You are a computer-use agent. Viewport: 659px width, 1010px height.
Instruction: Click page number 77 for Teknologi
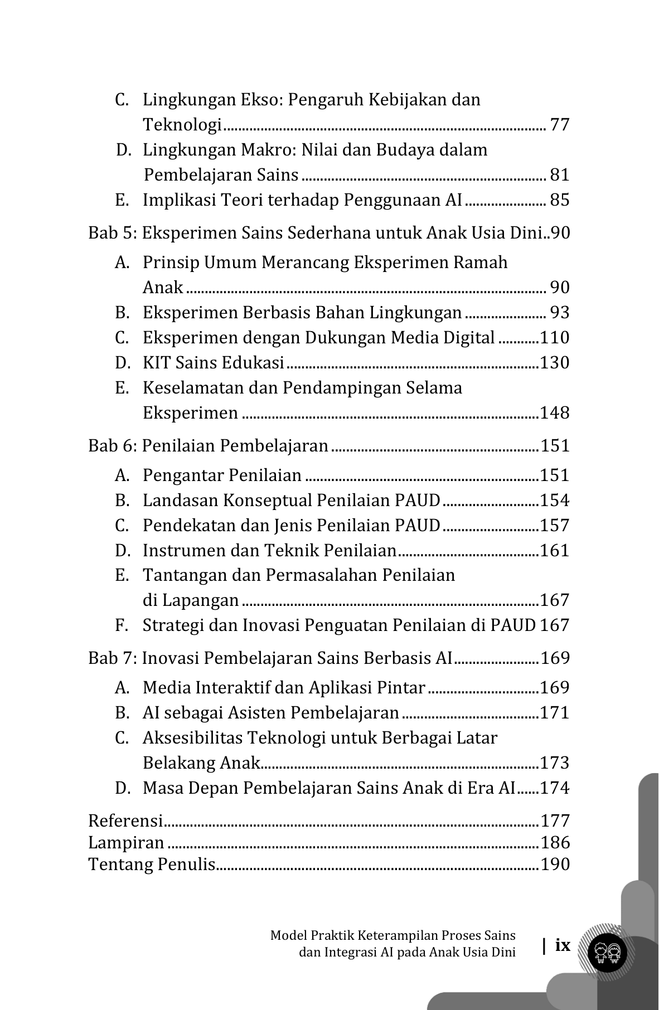click(560, 124)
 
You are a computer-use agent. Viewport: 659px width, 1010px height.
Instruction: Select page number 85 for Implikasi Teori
click(560, 200)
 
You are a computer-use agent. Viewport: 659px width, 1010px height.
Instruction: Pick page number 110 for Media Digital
click(555, 337)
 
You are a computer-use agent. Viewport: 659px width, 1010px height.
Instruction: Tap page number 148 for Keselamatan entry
click(555, 412)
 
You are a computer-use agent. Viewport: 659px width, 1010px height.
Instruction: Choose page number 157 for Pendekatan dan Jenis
click(555, 525)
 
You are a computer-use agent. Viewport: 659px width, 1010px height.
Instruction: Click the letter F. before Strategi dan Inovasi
click(122, 625)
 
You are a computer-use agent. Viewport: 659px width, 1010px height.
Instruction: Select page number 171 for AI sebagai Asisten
click(555, 712)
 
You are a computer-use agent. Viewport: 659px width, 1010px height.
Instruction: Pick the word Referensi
click(125, 820)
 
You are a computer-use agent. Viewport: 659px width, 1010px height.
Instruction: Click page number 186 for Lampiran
click(555, 842)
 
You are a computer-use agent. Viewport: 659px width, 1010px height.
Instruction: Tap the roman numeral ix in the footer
click(563, 945)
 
